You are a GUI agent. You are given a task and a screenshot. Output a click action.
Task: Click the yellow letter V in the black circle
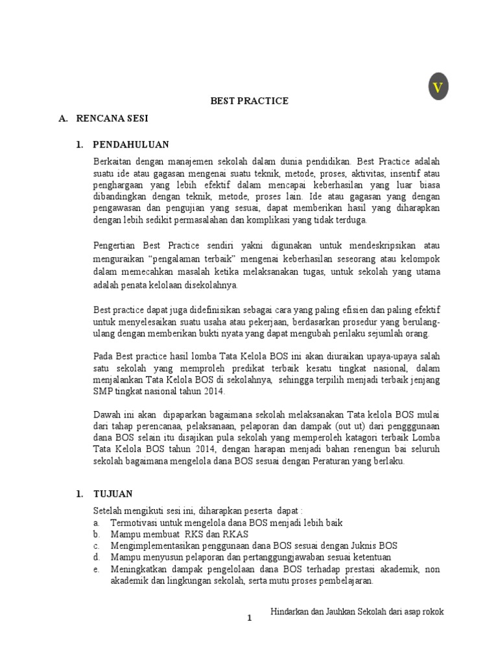click(x=438, y=88)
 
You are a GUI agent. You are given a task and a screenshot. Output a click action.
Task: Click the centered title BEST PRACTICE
click(x=249, y=101)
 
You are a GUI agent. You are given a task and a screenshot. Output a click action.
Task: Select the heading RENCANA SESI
click(x=112, y=119)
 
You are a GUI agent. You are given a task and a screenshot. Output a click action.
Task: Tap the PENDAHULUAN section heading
click(x=131, y=144)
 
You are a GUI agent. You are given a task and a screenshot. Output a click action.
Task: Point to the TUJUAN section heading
click(x=114, y=494)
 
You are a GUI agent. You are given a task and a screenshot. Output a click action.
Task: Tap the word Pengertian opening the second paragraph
click(x=115, y=245)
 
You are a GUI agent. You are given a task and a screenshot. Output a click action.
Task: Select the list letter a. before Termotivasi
click(x=96, y=522)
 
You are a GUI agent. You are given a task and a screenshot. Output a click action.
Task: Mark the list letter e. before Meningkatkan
click(x=96, y=570)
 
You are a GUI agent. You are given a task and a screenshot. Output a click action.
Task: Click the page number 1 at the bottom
click(x=249, y=619)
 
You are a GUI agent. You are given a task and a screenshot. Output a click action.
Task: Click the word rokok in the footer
click(x=431, y=612)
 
